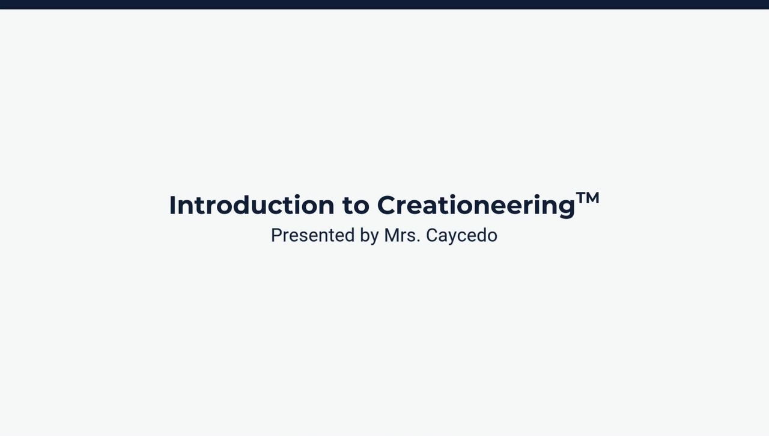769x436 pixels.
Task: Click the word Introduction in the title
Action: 251,205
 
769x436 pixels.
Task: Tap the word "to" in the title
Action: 356,206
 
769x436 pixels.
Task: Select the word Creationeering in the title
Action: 476,206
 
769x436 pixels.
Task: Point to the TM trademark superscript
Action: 588,198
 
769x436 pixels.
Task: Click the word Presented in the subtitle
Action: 312,235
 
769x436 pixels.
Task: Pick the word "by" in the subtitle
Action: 369,236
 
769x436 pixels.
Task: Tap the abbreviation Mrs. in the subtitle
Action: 402,235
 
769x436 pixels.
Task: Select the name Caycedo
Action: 461,236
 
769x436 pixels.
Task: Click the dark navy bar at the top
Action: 384,4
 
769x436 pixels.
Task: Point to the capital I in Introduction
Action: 172,205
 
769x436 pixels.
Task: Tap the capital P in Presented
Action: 276,235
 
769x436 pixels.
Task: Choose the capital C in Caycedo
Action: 431,235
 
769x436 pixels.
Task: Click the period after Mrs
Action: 418,241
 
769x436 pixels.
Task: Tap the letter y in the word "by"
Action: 374,238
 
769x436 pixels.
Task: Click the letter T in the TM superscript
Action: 581,198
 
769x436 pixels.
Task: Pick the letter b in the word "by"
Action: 365,235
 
